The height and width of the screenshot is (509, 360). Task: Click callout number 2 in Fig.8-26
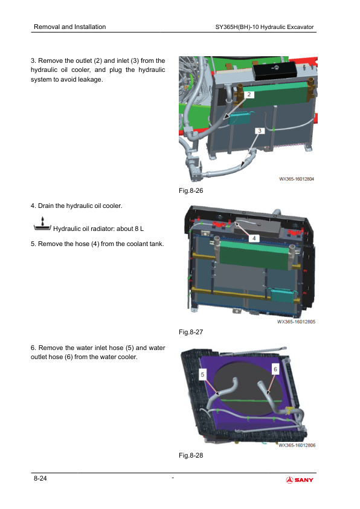249,94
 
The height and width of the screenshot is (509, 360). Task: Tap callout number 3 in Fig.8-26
260,131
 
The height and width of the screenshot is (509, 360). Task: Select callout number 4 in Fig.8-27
254,238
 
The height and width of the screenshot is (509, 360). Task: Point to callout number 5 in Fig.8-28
202,375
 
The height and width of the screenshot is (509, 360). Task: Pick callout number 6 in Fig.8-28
275,369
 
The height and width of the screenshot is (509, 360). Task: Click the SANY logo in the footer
300,480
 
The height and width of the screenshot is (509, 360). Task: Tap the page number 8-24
40,478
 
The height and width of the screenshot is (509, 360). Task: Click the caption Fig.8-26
191,190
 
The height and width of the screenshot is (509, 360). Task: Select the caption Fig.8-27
191,332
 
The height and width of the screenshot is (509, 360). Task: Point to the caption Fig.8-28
191,455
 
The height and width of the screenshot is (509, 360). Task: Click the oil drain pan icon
42,224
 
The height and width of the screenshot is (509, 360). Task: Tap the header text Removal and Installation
69,27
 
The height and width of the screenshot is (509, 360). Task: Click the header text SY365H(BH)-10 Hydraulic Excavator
265,27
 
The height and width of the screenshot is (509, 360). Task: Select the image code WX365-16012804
297,179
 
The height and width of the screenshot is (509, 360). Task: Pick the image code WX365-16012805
296,322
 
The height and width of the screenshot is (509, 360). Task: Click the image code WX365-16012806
297,445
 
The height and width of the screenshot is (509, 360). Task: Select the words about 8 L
130,229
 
